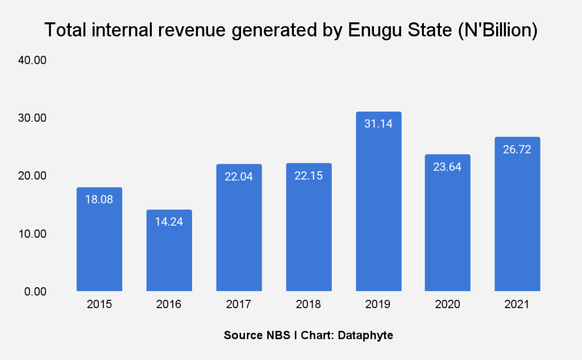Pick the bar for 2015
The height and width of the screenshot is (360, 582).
pos(99,239)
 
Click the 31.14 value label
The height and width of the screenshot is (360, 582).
pos(379,123)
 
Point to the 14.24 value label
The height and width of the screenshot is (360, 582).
pos(169,221)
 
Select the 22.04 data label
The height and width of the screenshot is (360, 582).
pos(239,176)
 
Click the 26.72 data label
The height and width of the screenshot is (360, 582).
pos(517,149)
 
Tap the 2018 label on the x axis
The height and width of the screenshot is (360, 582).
pos(309,305)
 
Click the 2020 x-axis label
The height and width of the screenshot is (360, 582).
pos(448,305)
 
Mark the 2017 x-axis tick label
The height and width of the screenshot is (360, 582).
pos(239,305)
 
